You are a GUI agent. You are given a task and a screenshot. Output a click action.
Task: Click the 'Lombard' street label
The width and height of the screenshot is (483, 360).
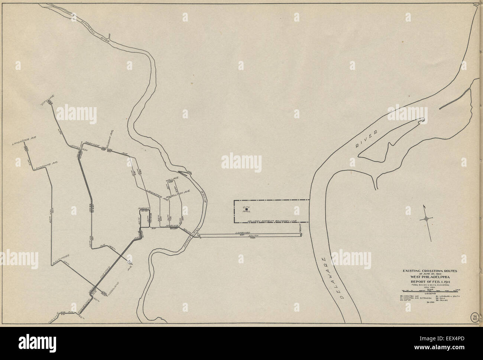242,233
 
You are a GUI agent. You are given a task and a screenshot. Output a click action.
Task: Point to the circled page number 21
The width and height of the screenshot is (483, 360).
474,317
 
